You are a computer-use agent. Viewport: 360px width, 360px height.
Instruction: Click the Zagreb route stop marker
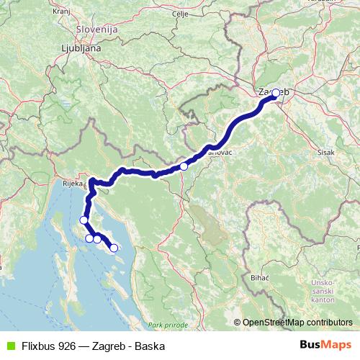coord(275,93)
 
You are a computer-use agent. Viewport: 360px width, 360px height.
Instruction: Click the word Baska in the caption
coord(140,346)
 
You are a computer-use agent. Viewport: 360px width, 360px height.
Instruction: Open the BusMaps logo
coord(326,346)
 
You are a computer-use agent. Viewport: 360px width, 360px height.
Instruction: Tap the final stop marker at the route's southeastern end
coord(113,248)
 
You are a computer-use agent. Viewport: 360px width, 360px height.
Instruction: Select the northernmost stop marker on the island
coord(84,220)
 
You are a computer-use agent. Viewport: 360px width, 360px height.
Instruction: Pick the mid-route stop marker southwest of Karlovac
coord(184,166)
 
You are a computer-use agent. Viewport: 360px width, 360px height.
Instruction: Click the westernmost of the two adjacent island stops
coord(89,238)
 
